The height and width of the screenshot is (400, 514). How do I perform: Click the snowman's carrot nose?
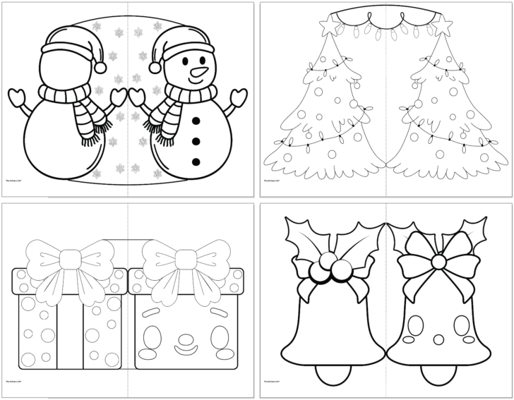[198, 72]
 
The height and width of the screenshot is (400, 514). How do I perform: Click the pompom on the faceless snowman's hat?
[100, 66]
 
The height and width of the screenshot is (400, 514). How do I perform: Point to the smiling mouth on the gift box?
[186, 346]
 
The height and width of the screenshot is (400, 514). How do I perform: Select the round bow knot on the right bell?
[438, 262]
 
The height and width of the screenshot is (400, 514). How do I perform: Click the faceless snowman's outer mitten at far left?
[19, 95]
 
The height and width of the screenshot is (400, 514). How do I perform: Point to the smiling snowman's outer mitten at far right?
[240, 95]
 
